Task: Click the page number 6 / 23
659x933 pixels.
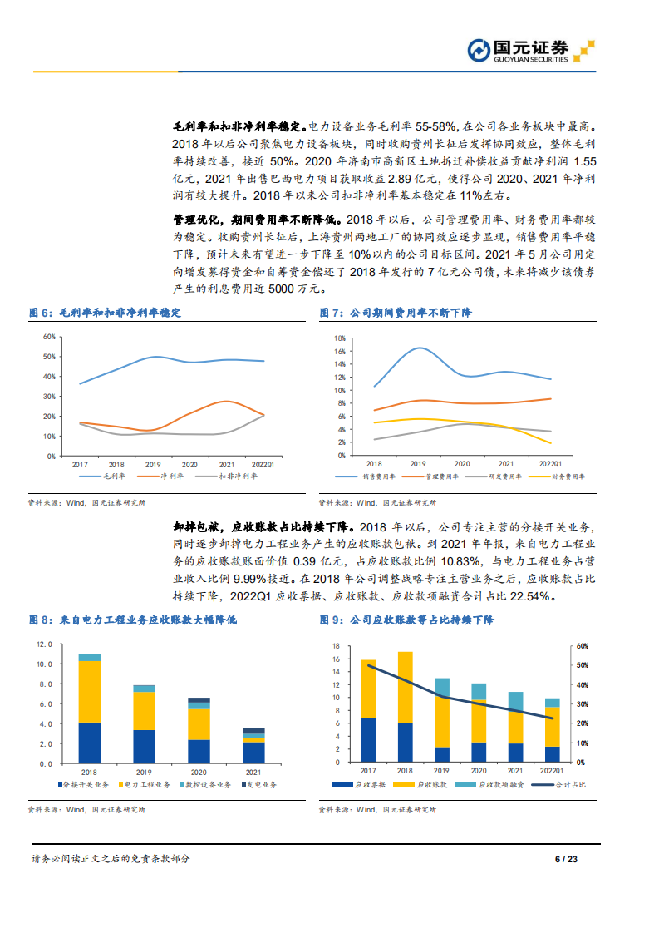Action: pos(565,859)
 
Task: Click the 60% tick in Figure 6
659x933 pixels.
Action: pos(49,337)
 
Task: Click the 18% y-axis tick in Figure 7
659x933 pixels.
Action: pos(338,339)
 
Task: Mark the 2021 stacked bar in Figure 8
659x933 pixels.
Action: pos(254,746)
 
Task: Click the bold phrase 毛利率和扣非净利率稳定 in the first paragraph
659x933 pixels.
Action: pos(239,126)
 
